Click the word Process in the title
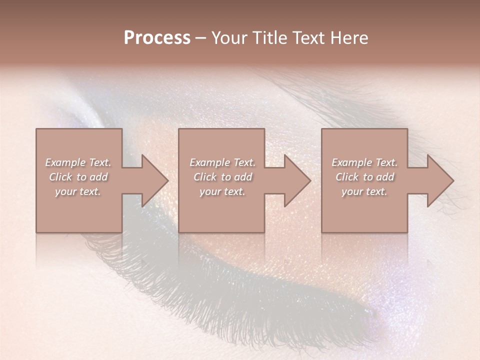[157, 38]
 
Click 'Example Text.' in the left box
[78, 162]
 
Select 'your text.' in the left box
[78, 191]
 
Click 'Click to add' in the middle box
[222, 177]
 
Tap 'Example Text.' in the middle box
[222, 162]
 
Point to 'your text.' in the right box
[364, 191]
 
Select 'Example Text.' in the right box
[364, 162]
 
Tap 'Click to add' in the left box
[78, 177]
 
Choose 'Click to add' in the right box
[364, 177]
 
